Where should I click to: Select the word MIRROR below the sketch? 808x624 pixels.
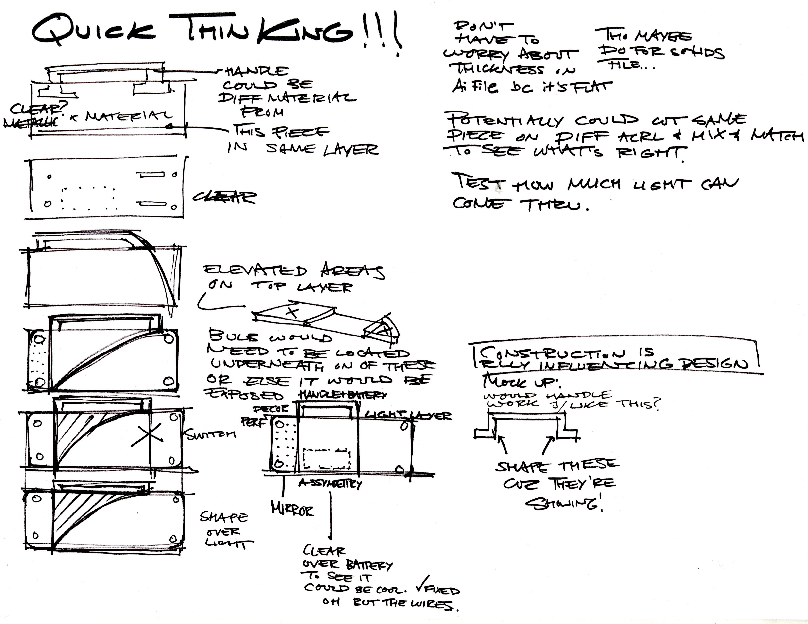[292, 510]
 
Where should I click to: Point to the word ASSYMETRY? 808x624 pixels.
[330, 483]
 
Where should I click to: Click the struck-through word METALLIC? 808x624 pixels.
[30, 122]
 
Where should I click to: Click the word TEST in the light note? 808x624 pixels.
[479, 182]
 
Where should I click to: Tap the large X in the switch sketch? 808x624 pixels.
[147, 437]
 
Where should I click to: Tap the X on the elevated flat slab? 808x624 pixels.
[292, 312]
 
